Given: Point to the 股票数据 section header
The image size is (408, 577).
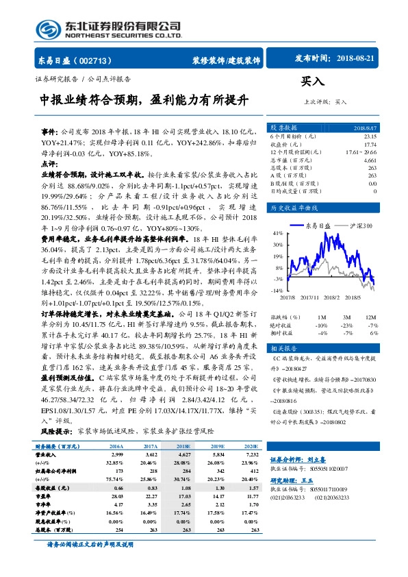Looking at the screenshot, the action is (283, 127).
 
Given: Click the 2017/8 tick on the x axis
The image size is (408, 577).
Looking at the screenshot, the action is (288, 297).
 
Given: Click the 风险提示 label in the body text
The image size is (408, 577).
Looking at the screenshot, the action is (56, 432).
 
